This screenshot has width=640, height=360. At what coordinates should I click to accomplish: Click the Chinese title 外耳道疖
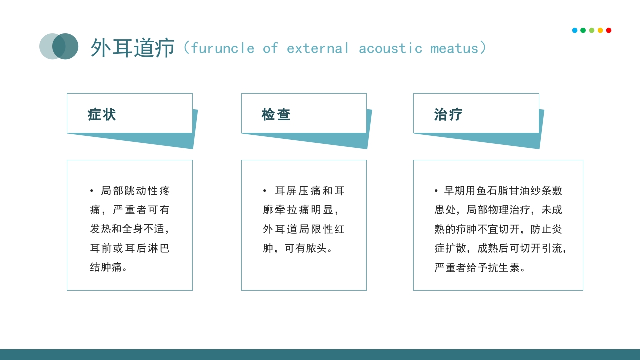point(132,48)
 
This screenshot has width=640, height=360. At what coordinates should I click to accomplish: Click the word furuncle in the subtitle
point(222,48)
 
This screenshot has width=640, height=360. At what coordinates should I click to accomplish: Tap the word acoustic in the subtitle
point(390,48)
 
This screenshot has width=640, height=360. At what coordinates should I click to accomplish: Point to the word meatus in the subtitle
point(454,48)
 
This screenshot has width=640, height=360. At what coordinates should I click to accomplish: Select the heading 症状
point(102,115)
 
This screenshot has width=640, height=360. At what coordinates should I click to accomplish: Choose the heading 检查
point(276,115)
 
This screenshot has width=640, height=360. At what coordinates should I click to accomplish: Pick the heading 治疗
point(448,115)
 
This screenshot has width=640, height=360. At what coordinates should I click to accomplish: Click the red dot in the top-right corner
point(609,30)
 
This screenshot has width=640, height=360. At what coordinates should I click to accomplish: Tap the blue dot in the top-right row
point(575,30)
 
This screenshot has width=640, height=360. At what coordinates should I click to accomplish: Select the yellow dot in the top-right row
point(600,30)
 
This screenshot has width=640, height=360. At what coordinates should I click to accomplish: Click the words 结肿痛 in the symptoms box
point(106,267)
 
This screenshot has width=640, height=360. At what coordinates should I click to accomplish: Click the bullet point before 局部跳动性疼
point(92,191)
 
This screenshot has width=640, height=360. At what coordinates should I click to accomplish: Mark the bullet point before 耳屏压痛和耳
point(265,191)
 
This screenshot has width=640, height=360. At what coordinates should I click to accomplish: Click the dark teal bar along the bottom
point(320,354)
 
